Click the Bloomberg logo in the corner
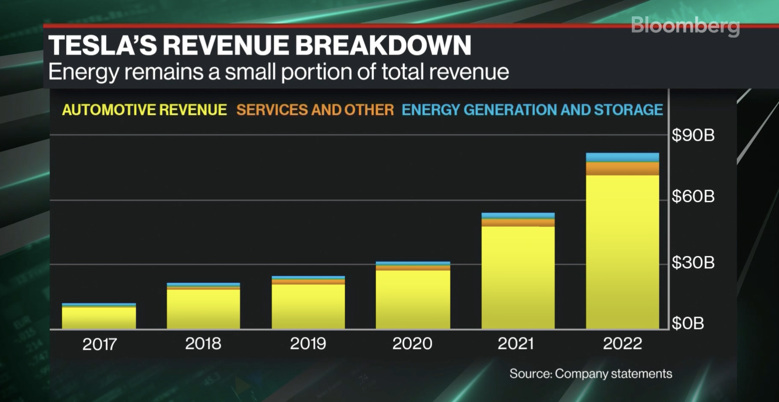coord(685,26)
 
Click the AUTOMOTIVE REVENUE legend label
coord(144,109)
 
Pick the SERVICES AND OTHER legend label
coord(315,109)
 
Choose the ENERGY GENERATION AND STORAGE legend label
coord(532,109)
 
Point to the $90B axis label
coord(693,135)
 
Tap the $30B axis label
coord(693,263)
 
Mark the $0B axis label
coord(688,323)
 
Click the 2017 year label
coord(99,344)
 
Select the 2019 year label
coord(308,344)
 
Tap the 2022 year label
coord(622,344)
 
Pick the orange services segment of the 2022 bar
coord(622,169)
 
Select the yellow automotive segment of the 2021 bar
coord(518,277)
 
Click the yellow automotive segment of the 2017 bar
coord(99,318)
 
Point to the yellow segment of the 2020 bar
coord(413,299)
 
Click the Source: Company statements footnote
coord(590,374)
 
